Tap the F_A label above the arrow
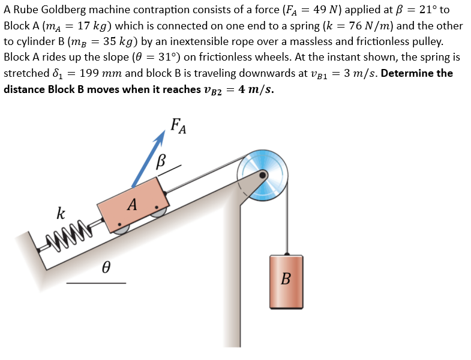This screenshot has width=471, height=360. point(179,126)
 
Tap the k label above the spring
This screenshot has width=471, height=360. point(61,212)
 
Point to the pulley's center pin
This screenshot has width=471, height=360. point(263,175)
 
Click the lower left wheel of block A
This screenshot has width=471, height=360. point(121,227)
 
